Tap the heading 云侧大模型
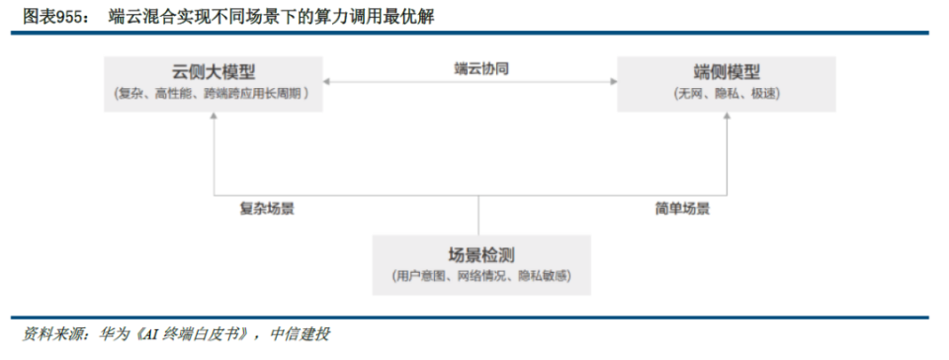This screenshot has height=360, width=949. [213, 72]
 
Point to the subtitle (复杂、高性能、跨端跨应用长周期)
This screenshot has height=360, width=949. [213, 94]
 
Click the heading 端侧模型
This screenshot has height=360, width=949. [727, 72]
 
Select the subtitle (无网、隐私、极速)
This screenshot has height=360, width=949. [727, 94]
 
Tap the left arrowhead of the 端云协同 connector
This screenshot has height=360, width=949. [328, 82]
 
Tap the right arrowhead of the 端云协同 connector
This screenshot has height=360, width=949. [612, 82]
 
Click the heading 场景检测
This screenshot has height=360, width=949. [481, 254]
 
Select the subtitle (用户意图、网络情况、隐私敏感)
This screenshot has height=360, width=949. [481, 276]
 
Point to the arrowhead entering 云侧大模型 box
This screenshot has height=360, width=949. [214, 118]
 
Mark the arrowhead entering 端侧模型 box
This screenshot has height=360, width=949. [728, 118]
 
